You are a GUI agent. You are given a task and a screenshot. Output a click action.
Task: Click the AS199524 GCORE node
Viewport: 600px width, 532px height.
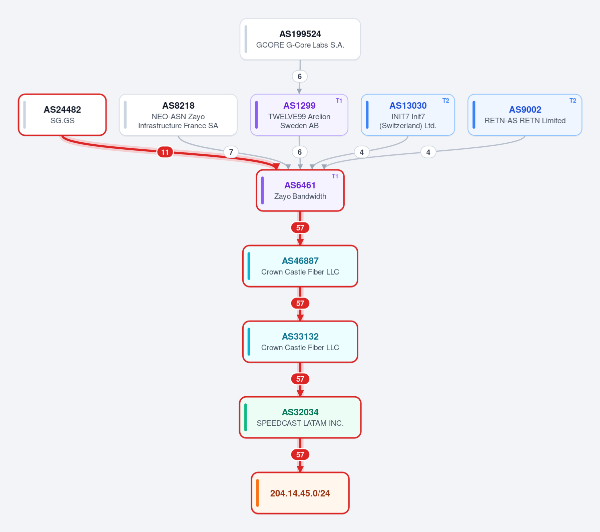(300, 39)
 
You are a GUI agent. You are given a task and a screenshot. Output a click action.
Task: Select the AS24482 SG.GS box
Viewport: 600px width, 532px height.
(63, 115)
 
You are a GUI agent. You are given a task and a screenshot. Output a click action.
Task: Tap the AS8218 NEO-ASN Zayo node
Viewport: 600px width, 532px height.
(178, 115)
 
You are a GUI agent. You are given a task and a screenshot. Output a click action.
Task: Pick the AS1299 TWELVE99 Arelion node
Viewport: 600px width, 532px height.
(299, 115)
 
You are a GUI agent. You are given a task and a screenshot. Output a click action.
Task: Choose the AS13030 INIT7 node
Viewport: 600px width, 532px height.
(408, 115)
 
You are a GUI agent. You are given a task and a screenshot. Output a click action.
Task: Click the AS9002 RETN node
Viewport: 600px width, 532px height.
(525, 115)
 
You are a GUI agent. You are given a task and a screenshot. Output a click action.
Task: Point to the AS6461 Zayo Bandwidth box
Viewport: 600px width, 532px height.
(300, 190)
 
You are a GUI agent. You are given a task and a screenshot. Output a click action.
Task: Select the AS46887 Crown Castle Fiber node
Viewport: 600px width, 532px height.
(300, 266)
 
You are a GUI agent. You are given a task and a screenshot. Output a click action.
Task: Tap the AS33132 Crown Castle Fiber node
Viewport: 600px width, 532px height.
(300, 342)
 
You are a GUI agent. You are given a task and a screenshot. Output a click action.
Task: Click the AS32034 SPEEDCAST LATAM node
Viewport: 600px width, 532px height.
(300, 417)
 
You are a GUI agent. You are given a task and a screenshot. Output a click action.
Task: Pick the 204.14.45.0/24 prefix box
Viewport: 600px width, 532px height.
(300, 493)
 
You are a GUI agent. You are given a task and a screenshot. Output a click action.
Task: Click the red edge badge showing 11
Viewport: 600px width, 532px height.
(165, 152)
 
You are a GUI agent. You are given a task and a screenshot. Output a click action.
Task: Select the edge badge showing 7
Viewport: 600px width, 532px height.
(231, 152)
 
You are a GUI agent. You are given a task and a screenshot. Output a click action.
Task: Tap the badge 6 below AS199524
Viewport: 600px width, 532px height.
(300, 76)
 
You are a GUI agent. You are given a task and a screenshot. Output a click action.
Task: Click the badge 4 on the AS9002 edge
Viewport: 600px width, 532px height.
(428, 152)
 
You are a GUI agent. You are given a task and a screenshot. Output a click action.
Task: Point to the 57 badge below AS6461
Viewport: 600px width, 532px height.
(300, 228)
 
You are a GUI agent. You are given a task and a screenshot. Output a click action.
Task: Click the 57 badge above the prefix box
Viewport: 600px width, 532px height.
(300, 455)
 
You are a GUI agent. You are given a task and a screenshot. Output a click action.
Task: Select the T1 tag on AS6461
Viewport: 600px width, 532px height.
(335, 176)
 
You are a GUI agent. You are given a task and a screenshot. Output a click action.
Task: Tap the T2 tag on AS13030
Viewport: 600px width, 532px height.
(446, 101)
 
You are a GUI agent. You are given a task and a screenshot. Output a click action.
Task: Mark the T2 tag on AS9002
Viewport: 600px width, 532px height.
(573, 101)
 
